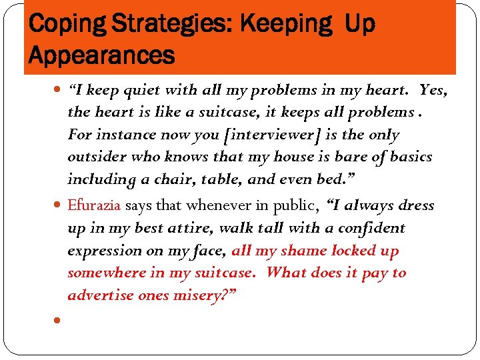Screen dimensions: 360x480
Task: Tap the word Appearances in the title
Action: (101, 55)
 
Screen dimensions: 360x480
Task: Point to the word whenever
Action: (217, 205)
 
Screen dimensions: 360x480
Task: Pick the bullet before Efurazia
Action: (57, 205)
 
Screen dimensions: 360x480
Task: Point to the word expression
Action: (101, 251)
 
